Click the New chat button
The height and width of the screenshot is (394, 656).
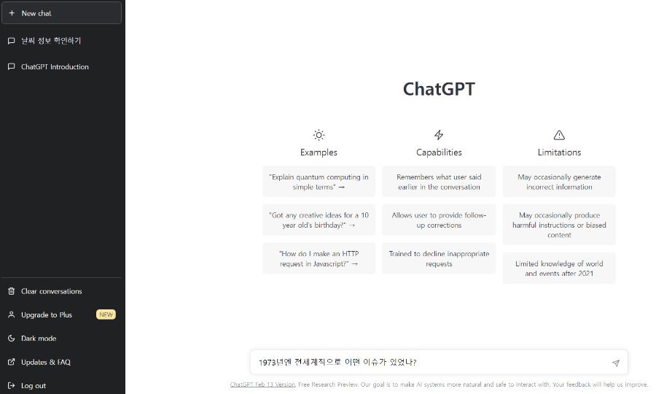click(61, 13)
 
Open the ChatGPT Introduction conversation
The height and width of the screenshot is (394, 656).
click(55, 66)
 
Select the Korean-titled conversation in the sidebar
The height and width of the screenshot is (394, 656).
click(51, 41)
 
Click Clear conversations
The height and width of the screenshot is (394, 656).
click(51, 291)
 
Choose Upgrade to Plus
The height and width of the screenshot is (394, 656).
click(47, 314)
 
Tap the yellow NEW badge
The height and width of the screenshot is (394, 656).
click(106, 314)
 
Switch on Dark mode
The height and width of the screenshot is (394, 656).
click(39, 339)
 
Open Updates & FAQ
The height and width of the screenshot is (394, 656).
click(45, 362)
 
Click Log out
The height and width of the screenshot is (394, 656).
click(34, 385)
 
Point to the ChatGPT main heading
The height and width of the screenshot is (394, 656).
click(439, 89)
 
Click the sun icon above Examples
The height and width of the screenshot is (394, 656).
click(319, 135)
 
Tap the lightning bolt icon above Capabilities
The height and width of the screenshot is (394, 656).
click(439, 135)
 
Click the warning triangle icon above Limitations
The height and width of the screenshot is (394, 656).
click(559, 135)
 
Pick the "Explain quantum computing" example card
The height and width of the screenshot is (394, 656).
click(319, 182)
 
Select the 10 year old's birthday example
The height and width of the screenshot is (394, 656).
click(319, 220)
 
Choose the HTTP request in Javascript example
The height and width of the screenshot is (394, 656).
click(319, 258)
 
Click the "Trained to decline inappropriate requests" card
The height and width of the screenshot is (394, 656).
click(439, 258)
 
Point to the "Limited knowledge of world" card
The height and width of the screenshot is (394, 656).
click(559, 269)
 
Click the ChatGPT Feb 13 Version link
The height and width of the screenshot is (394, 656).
click(262, 385)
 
